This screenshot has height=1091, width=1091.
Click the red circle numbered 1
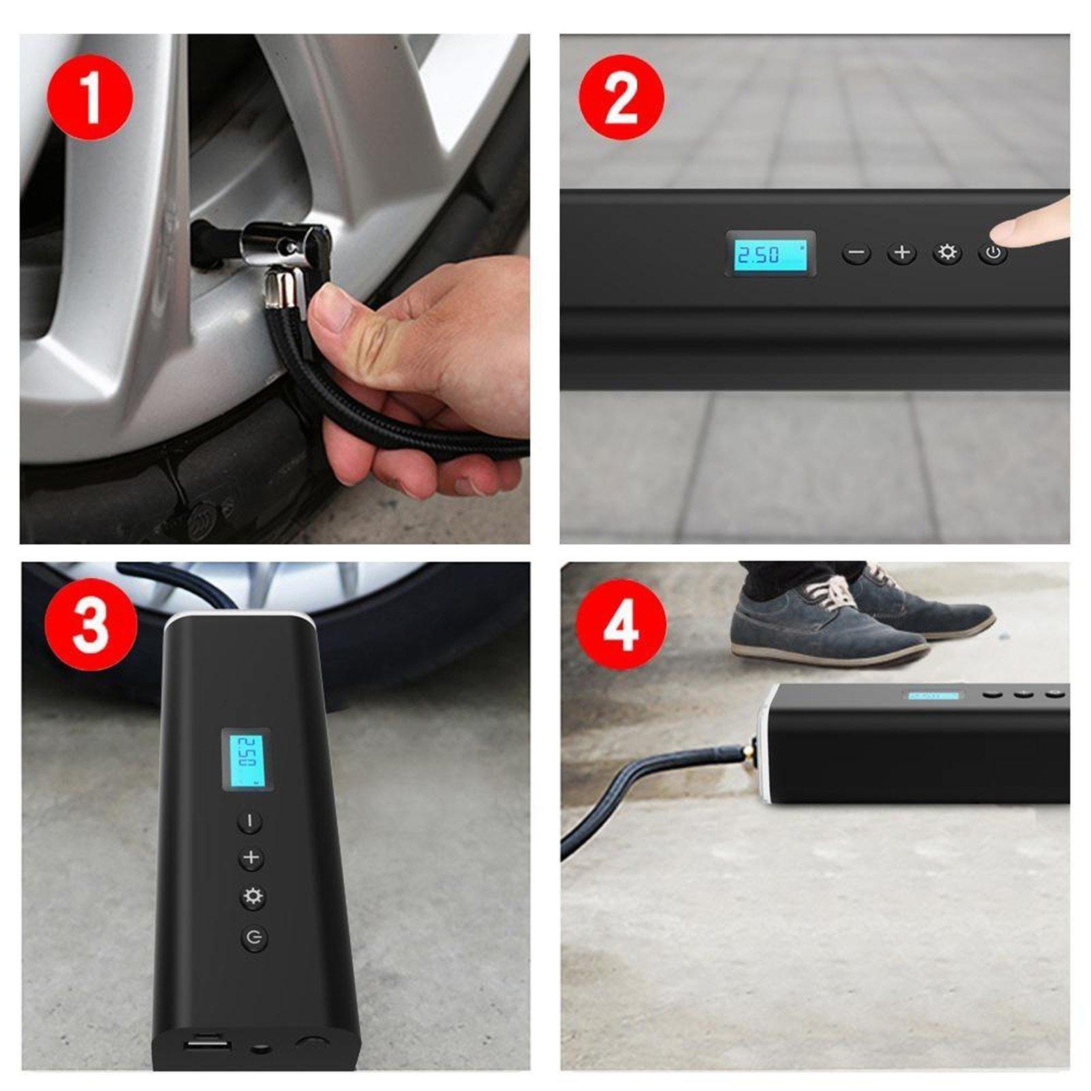tap(89, 98)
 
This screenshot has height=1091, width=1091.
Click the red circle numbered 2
tap(621, 98)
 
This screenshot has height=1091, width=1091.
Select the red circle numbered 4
tap(621, 625)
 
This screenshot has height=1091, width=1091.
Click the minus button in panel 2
tap(856, 254)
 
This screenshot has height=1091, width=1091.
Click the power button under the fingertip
tap(993, 254)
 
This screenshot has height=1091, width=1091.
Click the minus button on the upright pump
tap(250, 821)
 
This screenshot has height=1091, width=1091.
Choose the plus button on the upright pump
tap(252, 858)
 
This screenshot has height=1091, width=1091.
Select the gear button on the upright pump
tap(252, 897)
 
